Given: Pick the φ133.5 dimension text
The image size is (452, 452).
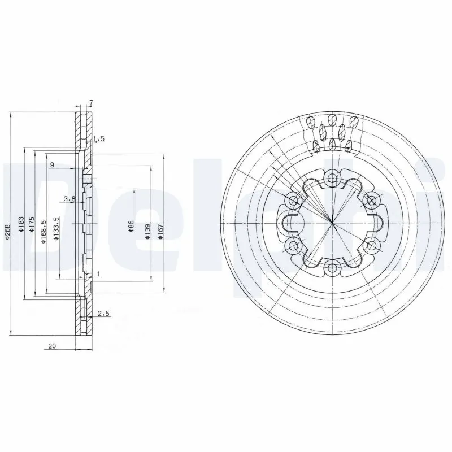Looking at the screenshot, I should pyautogui.click(x=56, y=229).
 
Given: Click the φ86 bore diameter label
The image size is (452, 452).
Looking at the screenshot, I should pyautogui.click(x=131, y=227).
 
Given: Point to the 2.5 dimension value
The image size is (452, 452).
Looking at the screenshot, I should pyautogui.click(x=103, y=313).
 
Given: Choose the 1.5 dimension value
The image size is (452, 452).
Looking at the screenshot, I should pyautogui.click(x=99, y=138).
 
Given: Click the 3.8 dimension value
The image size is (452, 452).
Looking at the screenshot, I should pyautogui.click(x=69, y=198).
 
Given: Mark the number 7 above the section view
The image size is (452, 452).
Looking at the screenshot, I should pyautogui.click(x=90, y=103).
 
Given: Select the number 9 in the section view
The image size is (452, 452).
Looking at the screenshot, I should pyautogui.click(x=52, y=164).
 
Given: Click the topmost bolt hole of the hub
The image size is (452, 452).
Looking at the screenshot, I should pyautogui.click(x=332, y=179).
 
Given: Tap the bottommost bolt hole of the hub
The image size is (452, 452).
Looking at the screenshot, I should pyautogui.click(x=332, y=267).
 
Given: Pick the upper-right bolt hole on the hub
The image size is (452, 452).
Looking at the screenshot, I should pyautogui.click(x=371, y=200).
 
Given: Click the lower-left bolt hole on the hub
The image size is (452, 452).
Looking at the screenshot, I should pyautogui.click(x=294, y=245).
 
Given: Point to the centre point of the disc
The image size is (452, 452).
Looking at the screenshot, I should pyautogui.click(x=332, y=223).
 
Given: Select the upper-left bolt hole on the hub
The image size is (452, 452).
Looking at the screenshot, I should pyautogui.click(x=294, y=200).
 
